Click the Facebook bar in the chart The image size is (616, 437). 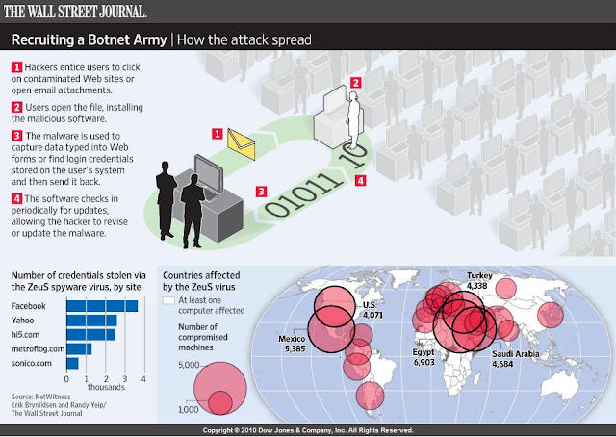click(102, 306)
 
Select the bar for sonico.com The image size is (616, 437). click(72, 363)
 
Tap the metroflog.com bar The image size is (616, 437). click(79, 349)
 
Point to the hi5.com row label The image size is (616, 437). click(26, 334)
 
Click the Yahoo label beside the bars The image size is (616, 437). click(22, 321)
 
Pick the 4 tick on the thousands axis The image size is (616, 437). click(143, 379)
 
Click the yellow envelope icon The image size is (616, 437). click(241, 144)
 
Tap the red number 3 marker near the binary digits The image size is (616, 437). click(261, 192)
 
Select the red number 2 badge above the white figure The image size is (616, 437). click(355, 83)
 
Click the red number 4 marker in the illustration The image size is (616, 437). click(360, 181)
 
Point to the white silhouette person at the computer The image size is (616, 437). click(353, 120)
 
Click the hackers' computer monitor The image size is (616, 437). click(209, 173)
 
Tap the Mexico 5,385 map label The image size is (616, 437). click(292, 344)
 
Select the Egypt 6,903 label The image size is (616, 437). click(423, 357)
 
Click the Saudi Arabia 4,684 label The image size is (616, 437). click(516, 359)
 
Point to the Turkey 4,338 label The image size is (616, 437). click(479, 280)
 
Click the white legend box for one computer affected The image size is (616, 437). click(168, 300)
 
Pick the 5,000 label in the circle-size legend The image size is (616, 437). click(189, 365)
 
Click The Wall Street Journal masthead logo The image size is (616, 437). click(75, 11)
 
